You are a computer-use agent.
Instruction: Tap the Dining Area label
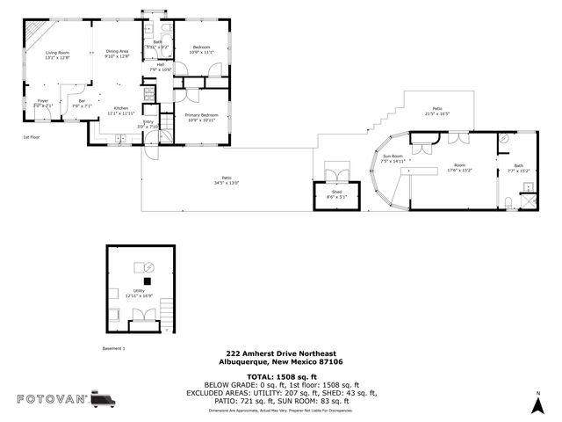[118, 51]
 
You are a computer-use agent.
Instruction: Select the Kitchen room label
[120, 108]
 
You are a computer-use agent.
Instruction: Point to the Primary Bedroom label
[202, 115]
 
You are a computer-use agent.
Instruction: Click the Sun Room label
[392, 156]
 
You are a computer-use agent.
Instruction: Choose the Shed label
[336, 192]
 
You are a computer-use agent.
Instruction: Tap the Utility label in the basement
[139, 290]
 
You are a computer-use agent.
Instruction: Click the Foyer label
[42, 101]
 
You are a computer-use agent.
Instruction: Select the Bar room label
[82, 101]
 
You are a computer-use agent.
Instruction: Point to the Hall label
[161, 64]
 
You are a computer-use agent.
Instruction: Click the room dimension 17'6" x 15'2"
[459, 171]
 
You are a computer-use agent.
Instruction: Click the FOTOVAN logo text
[52, 399]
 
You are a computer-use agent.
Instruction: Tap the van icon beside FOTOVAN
[103, 399]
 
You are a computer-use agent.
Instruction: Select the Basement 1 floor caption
[115, 348]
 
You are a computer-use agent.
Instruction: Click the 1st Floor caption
[32, 137]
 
